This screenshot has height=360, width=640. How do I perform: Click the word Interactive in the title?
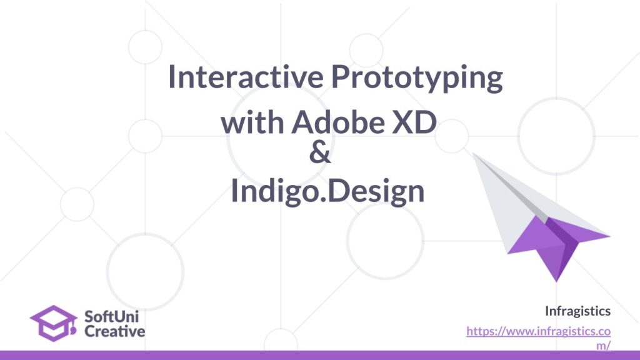tap(246, 77)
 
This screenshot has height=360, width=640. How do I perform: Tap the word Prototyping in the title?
tap(417, 78)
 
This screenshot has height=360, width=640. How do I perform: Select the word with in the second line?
tap(252, 122)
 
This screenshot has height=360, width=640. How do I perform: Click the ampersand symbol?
tap(320, 153)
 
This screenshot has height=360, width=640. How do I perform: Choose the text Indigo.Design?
tap(327, 191)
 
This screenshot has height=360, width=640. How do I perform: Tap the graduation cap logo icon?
tap(54, 323)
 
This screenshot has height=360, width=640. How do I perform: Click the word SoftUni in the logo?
tap(111, 316)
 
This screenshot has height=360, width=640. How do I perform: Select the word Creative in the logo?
tap(115, 331)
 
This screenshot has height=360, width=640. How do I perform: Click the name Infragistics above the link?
tap(577, 311)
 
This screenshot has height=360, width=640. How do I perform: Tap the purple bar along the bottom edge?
tap(320, 355)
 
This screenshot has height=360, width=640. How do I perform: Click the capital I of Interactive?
tap(171, 77)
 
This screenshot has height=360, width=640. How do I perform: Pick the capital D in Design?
tap(337, 191)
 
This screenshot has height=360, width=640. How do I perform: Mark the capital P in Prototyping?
tap(339, 77)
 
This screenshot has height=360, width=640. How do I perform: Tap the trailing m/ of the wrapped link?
tap(603, 345)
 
